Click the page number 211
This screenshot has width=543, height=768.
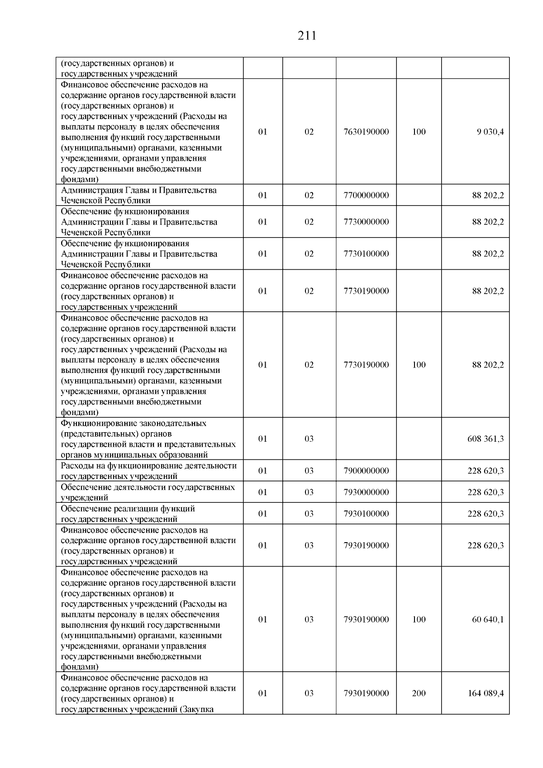tap(307, 36)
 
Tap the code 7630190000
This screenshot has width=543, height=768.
tap(366, 132)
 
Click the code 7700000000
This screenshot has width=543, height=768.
tap(366, 196)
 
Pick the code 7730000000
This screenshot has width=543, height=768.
tap(366, 222)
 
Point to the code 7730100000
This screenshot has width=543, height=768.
tap(366, 254)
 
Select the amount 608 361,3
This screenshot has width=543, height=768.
tap(485, 439)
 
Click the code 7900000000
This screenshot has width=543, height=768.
tap(366, 471)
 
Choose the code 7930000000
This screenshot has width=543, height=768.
tap(366, 492)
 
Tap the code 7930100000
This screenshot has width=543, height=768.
tap(366, 514)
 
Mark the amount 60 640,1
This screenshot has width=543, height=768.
tap(488, 620)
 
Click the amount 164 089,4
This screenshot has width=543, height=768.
tap(485, 693)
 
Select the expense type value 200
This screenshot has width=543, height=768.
tap(419, 693)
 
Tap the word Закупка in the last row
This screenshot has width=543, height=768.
tap(197, 709)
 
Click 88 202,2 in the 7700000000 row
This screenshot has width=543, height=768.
tap(488, 196)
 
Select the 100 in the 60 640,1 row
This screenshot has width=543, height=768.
tap(419, 620)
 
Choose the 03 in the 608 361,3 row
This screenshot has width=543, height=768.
tap(309, 439)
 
